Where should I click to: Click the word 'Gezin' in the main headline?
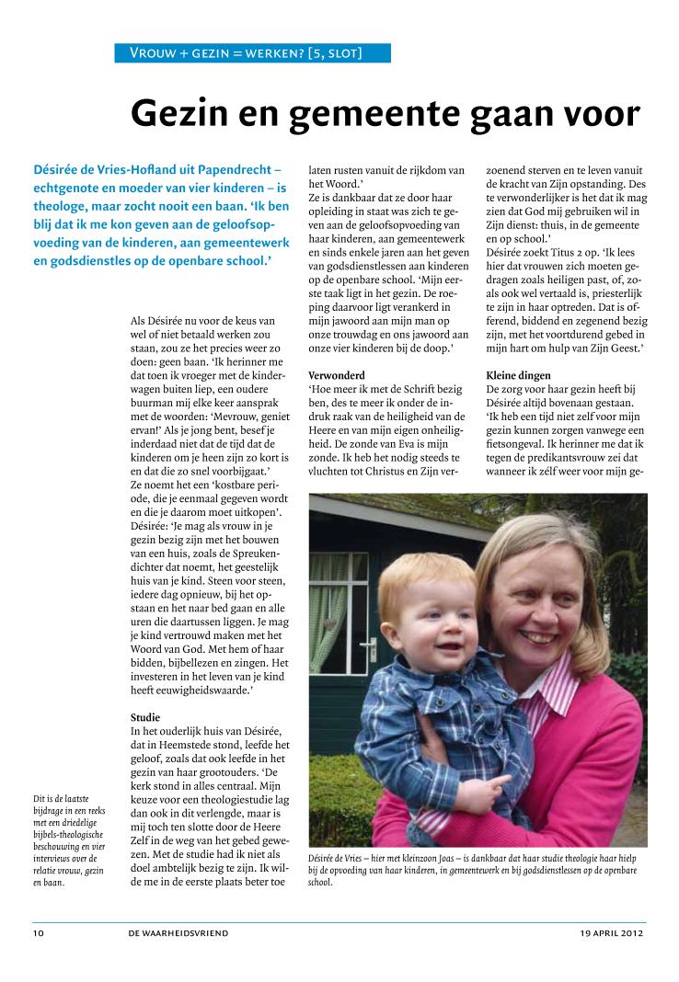coord(181,113)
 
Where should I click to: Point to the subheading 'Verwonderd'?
coord(337,375)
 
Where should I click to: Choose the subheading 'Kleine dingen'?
coord(518,375)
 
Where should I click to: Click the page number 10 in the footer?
coord(39,933)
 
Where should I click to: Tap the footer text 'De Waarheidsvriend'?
coord(178,933)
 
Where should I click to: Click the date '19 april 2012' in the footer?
coord(605,933)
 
